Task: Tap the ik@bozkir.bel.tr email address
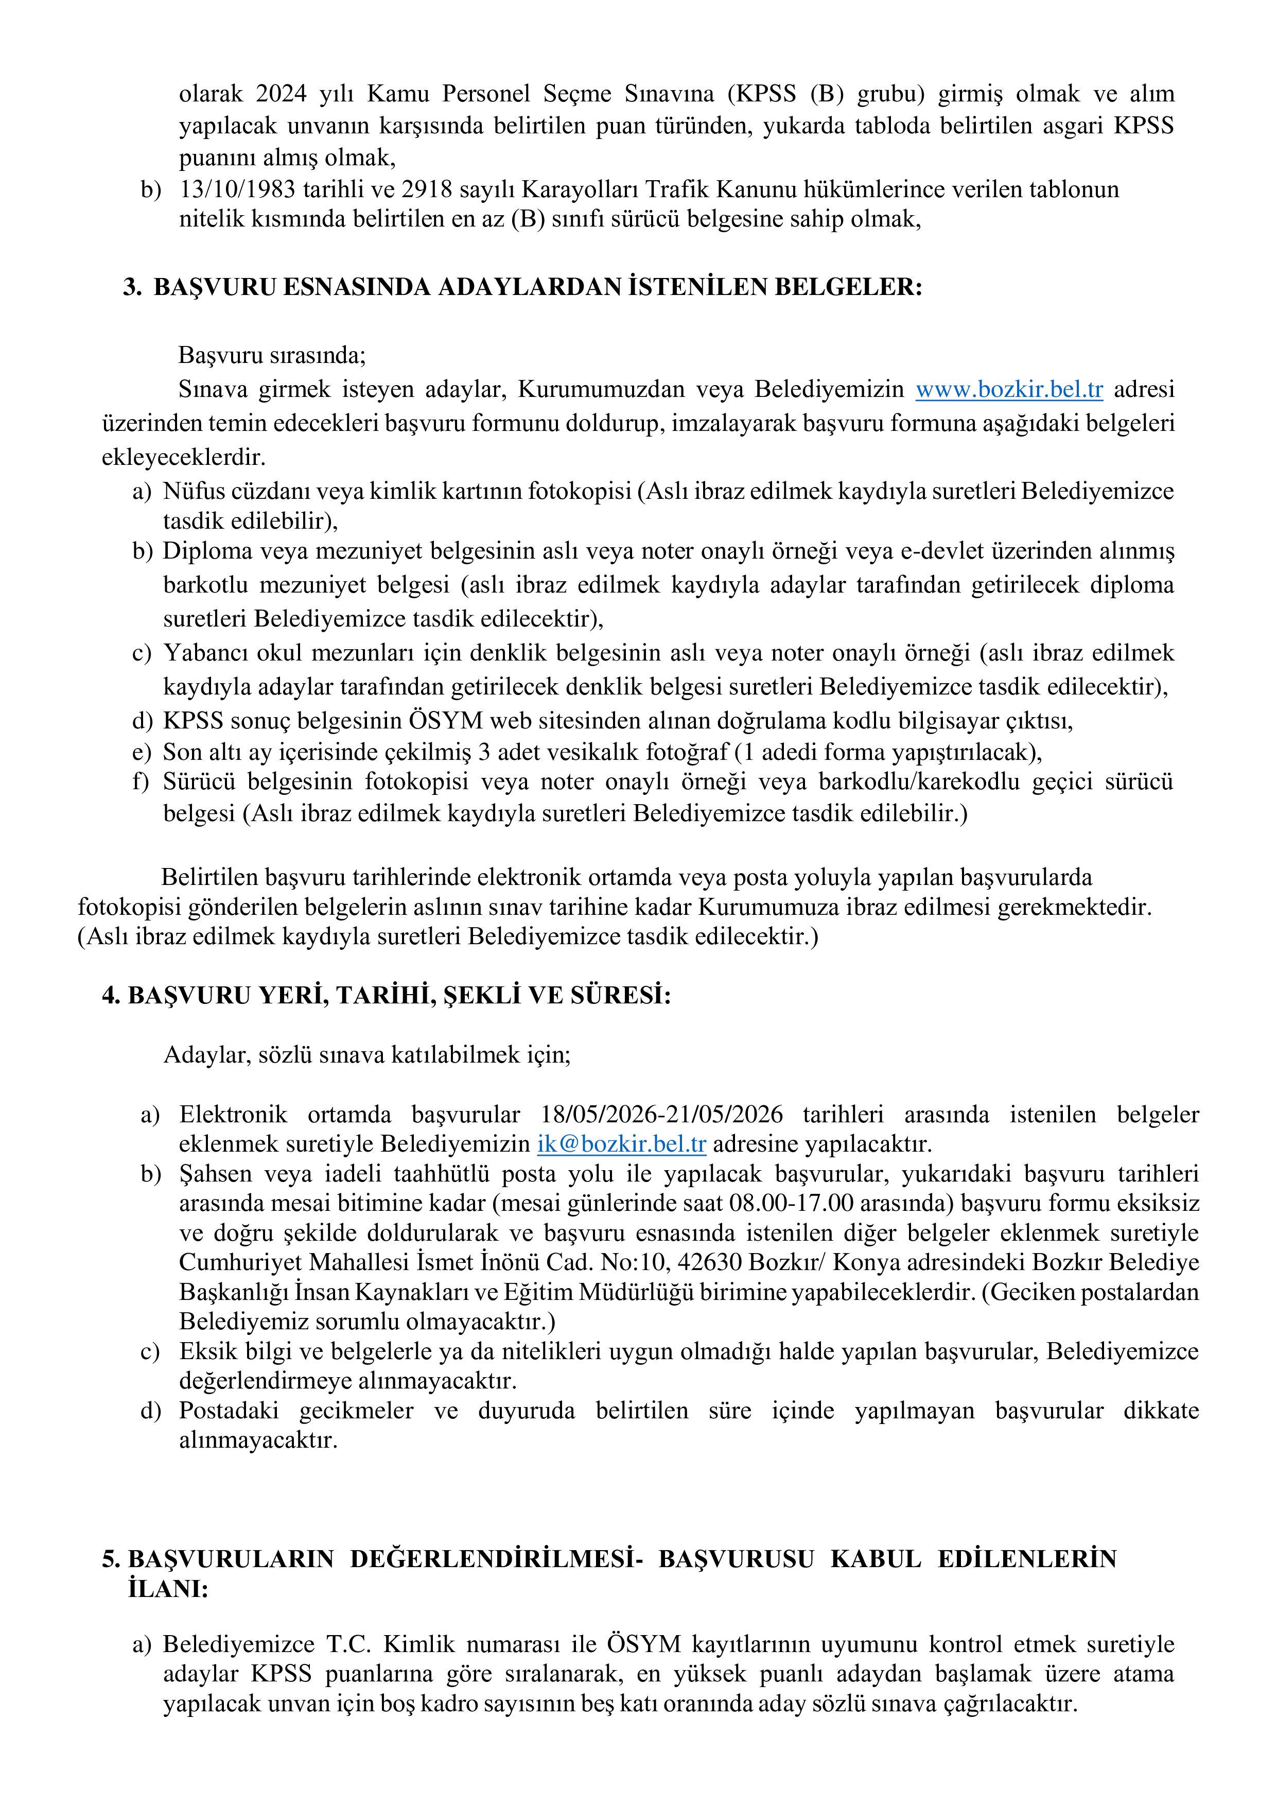click(x=621, y=1144)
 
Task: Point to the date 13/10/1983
click(x=235, y=189)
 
